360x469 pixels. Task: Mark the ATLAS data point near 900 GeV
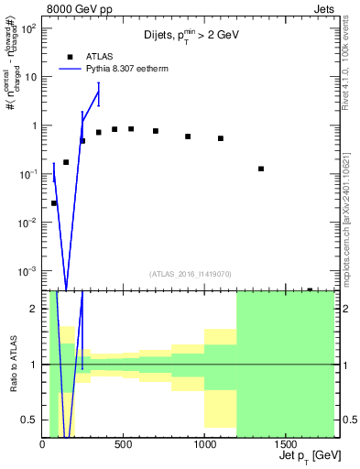[188, 136]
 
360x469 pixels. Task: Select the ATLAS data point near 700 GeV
[156, 131]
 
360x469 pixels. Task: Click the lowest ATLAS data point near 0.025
[54, 203]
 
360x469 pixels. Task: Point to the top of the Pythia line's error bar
[99, 83]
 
